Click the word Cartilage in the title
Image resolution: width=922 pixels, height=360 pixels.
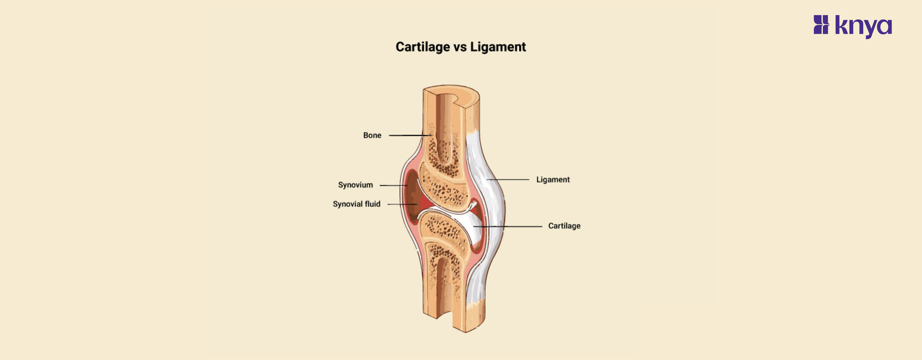(x=422, y=47)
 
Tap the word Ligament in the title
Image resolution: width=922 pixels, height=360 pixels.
(x=498, y=47)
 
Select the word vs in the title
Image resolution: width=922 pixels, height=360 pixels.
(x=460, y=47)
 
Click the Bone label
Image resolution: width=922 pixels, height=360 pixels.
(x=372, y=135)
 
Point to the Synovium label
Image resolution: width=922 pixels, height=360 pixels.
(x=356, y=185)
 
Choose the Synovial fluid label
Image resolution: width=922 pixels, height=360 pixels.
(x=357, y=204)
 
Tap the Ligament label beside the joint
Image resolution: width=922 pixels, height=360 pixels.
(x=553, y=180)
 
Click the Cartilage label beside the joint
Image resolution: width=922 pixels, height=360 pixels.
(x=564, y=226)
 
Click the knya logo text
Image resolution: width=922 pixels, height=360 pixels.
(x=863, y=26)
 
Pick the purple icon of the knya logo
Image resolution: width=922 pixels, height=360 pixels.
(x=821, y=25)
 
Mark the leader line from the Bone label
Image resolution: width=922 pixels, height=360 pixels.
(x=409, y=135)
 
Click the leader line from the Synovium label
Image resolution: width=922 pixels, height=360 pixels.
(x=394, y=185)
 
